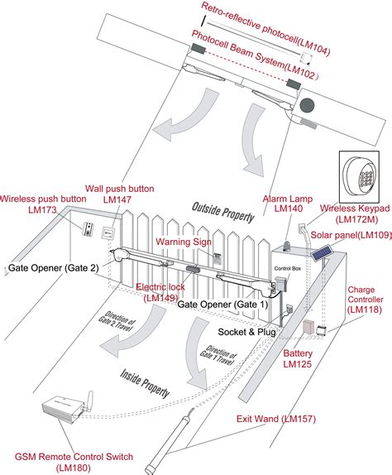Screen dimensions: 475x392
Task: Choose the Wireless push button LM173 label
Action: point(42,204)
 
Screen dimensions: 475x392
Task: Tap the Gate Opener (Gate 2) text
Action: point(53,246)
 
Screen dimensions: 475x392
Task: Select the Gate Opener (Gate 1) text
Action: point(222,305)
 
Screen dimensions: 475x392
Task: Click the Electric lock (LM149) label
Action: point(158,292)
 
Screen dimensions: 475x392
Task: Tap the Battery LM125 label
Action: point(298,358)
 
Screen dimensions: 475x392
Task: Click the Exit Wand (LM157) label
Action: point(275,419)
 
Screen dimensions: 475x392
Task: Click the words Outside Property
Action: point(222,212)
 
